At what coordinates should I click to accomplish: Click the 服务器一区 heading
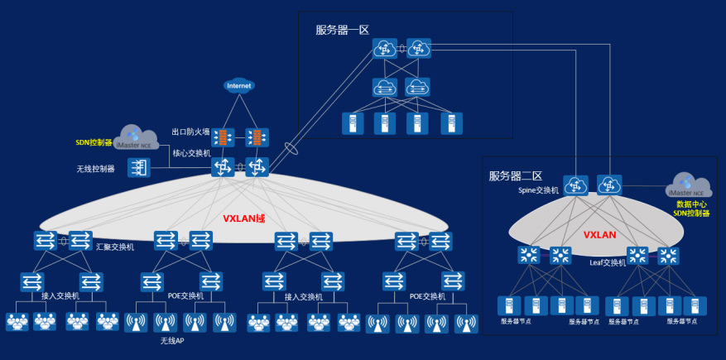tap(342, 30)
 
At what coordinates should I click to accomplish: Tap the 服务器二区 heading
tap(515, 175)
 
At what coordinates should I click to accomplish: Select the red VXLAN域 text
tap(243, 218)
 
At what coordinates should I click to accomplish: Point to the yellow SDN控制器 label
tap(93, 142)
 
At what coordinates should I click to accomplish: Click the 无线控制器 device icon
tap(138, 169)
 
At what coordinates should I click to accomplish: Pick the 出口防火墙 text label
tap(190, 132)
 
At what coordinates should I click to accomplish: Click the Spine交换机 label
tap(539, 190)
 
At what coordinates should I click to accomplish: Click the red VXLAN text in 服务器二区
tap(600, 234)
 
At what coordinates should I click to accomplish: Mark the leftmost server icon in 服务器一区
tap(353, 124)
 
